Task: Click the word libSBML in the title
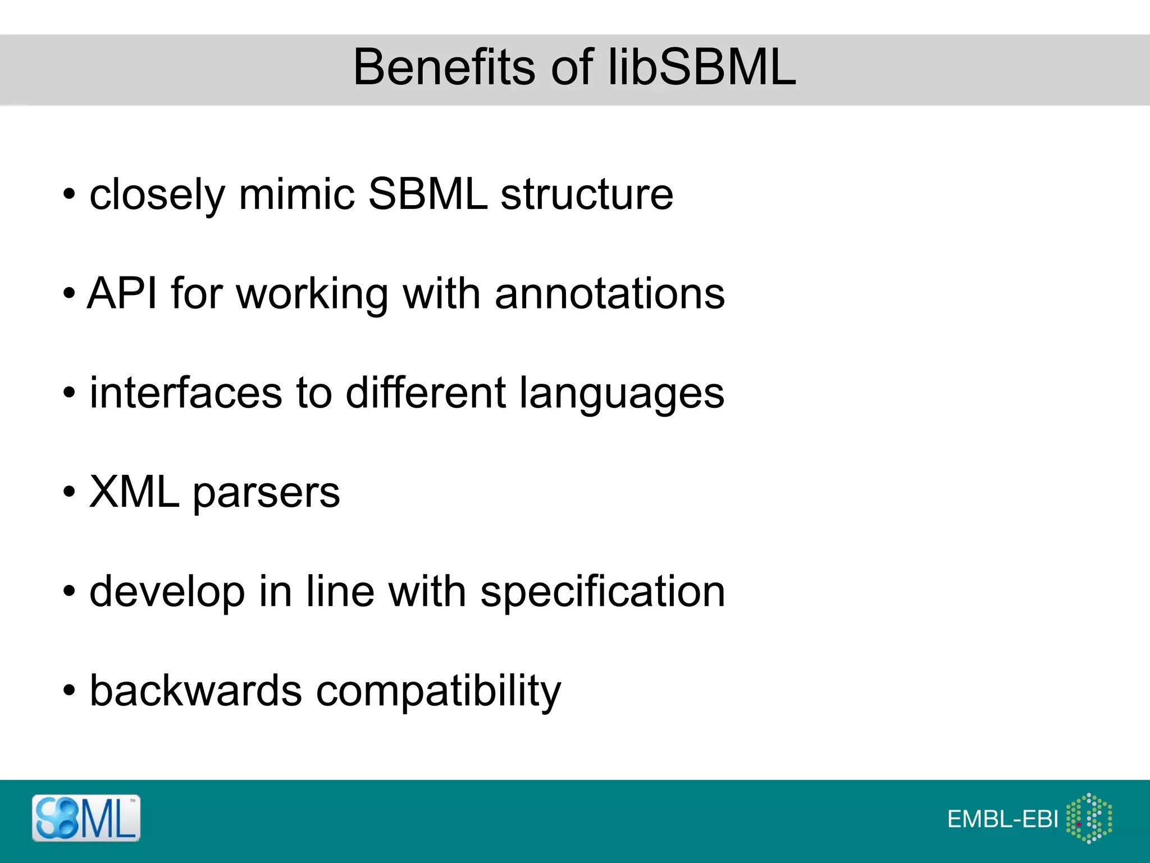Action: coord(702,67)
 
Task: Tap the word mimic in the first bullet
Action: coord(296,194)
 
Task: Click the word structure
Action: coord(586,194)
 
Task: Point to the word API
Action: coord(122,293)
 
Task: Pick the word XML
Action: coord(134,492)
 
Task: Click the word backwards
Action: coord(196,691)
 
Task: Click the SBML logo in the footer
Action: coord(86,818)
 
